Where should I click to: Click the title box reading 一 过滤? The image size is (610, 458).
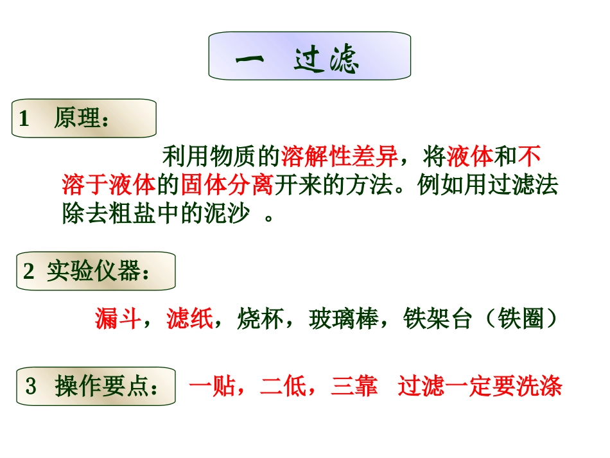[309, 57]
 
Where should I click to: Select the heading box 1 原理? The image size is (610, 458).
[83, 118]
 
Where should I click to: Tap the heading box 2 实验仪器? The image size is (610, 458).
[95, 271]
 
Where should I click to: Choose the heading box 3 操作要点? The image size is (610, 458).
[96, 387]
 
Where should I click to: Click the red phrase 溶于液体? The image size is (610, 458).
[109, 185]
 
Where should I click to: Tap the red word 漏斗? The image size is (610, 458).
[118, 318]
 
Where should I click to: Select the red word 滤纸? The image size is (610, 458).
[189, 318]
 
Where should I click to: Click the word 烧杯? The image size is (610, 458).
[260, 318]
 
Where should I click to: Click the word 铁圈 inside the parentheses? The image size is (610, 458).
[521, 318]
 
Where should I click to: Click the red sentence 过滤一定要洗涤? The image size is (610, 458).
[480, 387]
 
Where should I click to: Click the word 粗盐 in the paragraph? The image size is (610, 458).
[132, 214]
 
